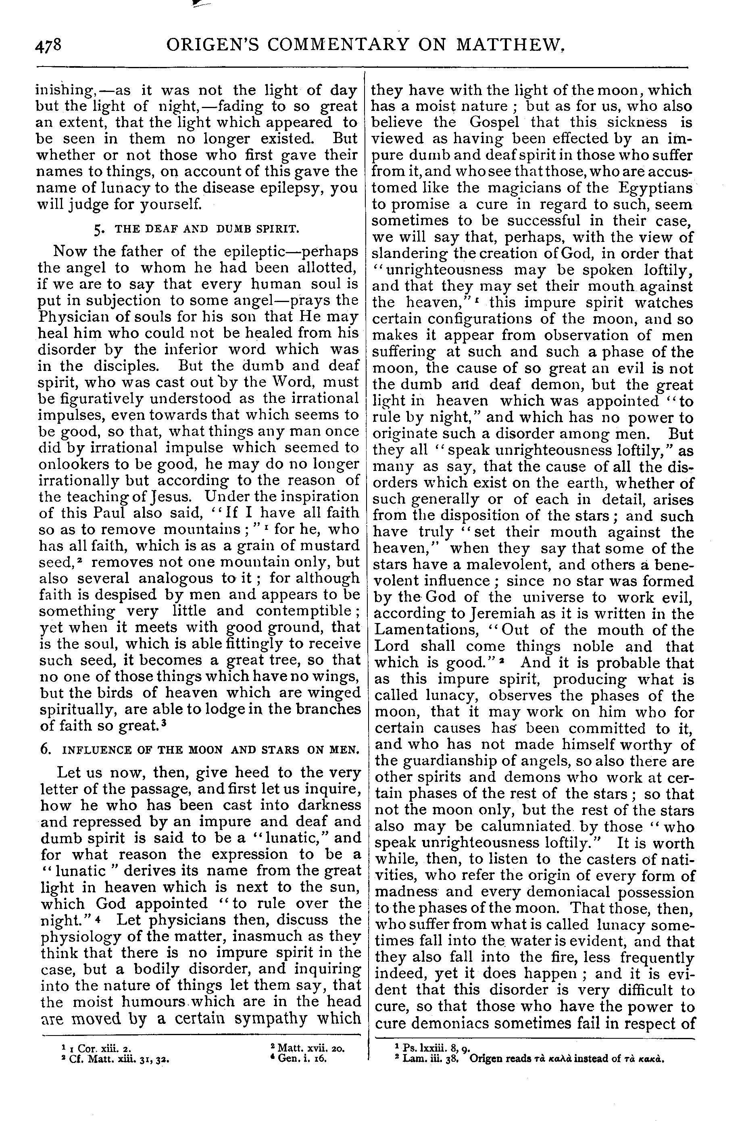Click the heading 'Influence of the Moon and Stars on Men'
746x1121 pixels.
[200, 750]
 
